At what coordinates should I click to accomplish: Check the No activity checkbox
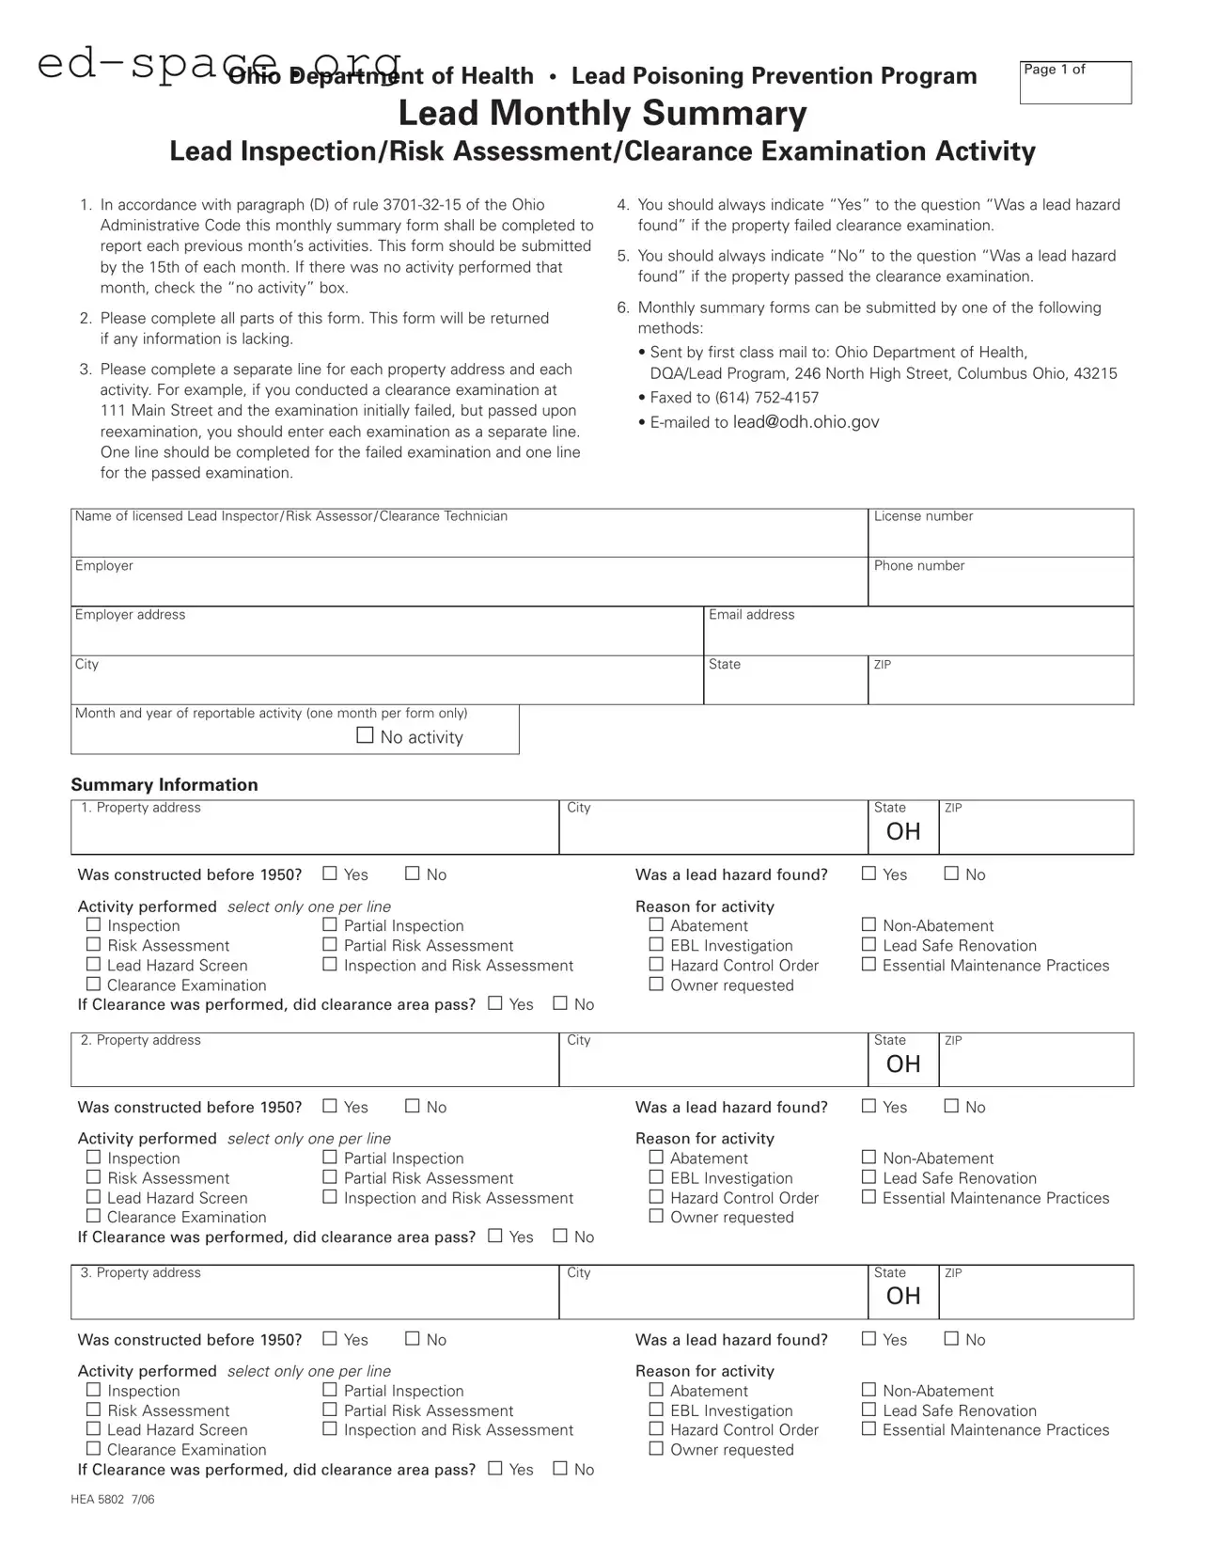(366, 735)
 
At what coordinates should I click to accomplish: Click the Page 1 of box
(1075, 83)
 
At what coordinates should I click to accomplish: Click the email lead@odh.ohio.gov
(806, 422)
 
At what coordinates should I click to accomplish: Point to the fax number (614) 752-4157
(766, 398)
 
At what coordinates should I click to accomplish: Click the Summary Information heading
(164, 784)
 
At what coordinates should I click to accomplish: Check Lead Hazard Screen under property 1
(93, 965)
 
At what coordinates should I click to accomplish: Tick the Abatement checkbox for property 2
(656, 1158)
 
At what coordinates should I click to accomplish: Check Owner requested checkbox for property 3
(656, 1449)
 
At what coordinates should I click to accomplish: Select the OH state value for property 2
(903, 1064)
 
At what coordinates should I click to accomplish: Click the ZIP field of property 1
(1036, 832)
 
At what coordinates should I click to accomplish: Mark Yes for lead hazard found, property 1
(869, 874)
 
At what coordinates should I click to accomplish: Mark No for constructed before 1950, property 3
(412, 1339)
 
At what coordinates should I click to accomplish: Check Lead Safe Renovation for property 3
(869, 1410)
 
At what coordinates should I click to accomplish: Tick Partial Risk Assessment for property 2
(330, 1177)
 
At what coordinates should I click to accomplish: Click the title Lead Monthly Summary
(602, 113)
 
